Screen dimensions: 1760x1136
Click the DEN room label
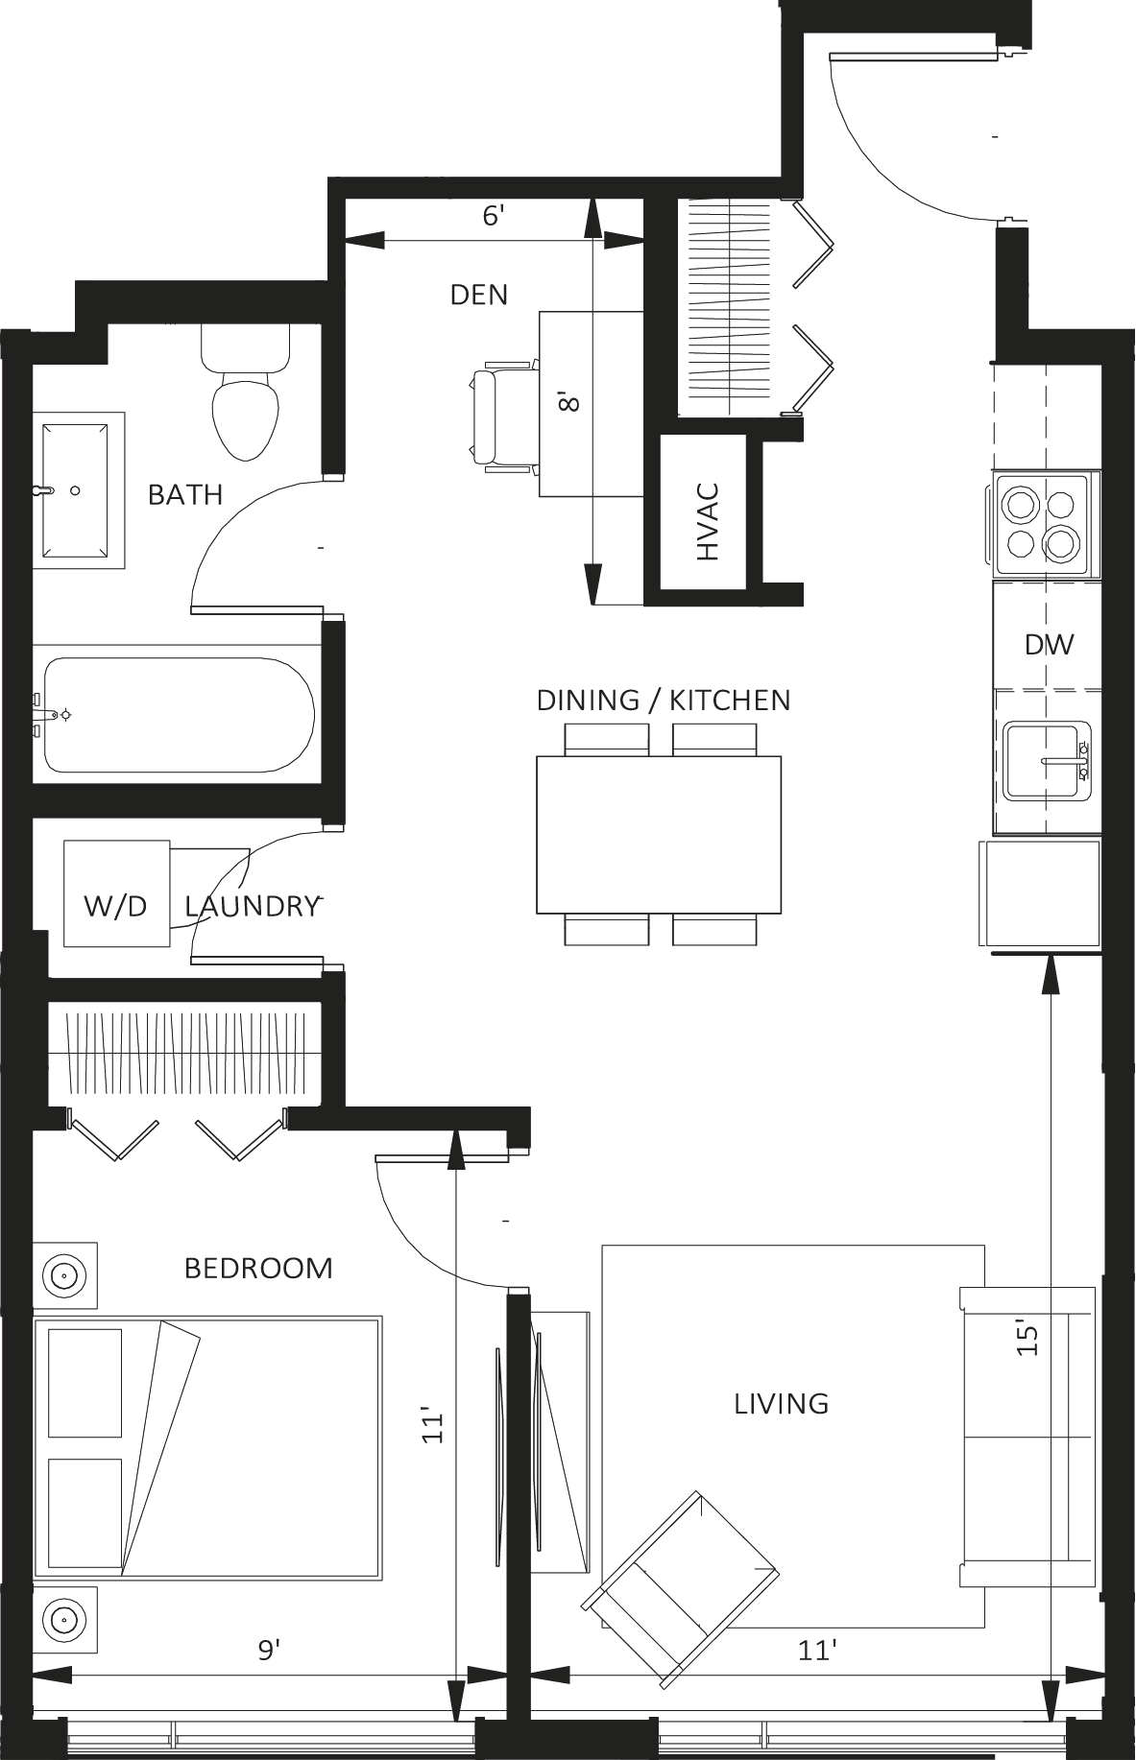coord(479,295)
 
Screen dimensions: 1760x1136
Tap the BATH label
coord(185,495)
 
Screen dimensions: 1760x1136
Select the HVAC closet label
coord(708,521)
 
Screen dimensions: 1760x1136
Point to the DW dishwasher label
coord(1049,644)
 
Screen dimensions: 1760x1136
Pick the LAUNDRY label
coord(252,906)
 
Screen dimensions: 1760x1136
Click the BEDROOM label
coord(258,1268)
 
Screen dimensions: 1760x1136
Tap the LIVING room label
coord(782,1404)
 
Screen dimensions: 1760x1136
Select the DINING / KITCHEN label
coord(664,700)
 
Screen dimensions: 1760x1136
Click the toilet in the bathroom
coord(246,393)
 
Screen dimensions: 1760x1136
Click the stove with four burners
coord(1043,526)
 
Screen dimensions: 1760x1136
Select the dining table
coord(659,834)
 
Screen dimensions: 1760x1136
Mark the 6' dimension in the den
coord(493,216)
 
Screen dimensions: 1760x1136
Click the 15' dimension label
coord(1028,1340)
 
